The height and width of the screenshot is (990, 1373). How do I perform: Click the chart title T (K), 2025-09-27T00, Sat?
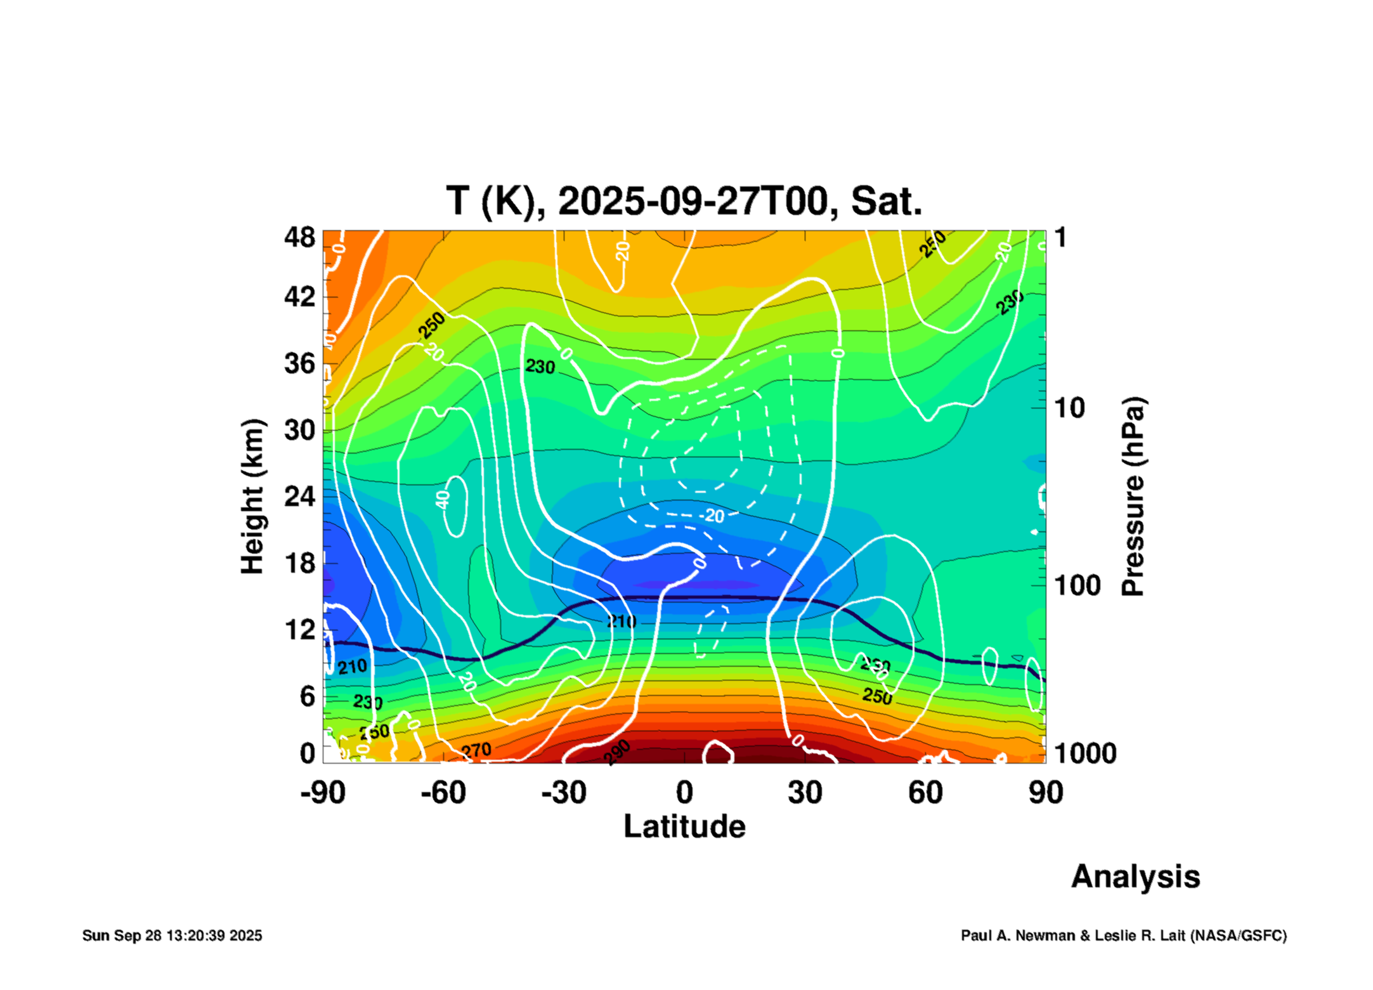coord(684,202)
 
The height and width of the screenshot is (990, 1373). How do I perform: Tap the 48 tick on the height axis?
coord(299,238)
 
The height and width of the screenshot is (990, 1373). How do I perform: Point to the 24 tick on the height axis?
coord(299,496)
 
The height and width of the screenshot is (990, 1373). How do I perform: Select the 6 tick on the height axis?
coord(307,696)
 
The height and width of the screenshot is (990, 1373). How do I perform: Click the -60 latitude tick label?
coord(443,793)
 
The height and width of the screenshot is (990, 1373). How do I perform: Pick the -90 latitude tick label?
coord(323,793)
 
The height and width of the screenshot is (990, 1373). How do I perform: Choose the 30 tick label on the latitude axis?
coord(805,793)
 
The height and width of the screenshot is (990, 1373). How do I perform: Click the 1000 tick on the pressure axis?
coord(1085,753)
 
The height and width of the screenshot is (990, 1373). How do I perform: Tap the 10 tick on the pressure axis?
coord(1069,408)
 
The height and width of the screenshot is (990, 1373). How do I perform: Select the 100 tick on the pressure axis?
coord(1077,585)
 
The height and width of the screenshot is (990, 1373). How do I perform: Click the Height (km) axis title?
coord(252,497)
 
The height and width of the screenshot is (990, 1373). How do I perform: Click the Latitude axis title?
coord(684,827)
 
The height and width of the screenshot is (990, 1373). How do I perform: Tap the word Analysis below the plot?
coord(1135,877)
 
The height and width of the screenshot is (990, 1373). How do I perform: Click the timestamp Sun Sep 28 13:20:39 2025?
coord(172,935)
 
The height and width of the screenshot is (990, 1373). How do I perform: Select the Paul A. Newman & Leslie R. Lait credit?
coord(1123,935)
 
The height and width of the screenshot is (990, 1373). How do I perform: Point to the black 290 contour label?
coord(616,752)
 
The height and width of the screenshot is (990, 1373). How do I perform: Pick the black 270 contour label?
coord(476,751)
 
